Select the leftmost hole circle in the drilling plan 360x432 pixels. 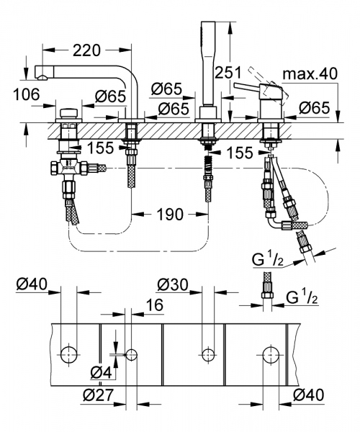70,354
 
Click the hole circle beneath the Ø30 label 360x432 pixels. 207,354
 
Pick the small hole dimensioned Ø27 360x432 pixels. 131,354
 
